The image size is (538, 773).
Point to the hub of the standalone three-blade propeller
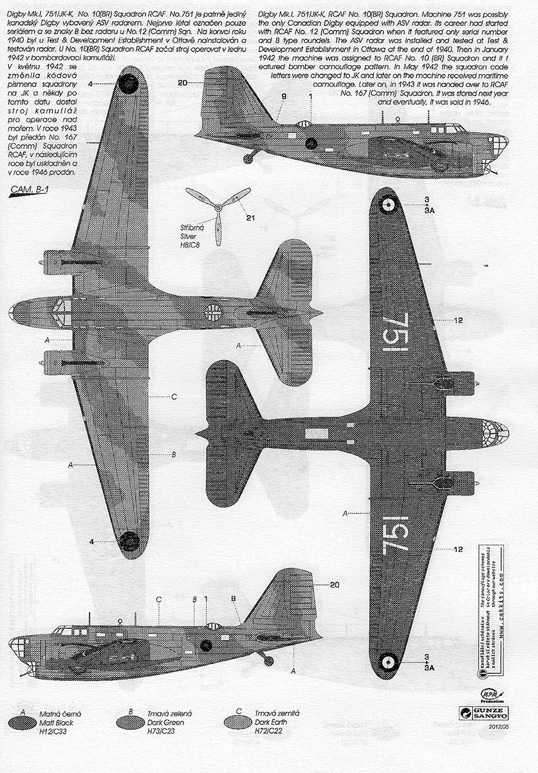pos(218,207)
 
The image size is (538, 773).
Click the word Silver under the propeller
pos(190,236)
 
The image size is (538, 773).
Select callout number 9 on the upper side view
pos(284,97)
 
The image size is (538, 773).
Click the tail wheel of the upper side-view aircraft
pos(248,157)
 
